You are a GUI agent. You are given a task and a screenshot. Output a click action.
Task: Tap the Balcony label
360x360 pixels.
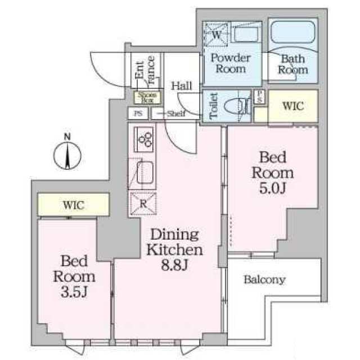point(264,280)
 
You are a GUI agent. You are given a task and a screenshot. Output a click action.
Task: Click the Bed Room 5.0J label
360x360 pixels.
point(272,173)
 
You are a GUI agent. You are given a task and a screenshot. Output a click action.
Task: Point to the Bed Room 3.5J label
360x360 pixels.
point(74,277)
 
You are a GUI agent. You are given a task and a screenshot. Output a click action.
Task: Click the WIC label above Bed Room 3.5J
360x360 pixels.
point(74,205)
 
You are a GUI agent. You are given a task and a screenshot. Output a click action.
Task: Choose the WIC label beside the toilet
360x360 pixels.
point(292,105)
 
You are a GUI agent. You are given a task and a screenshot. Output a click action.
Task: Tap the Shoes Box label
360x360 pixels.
point(146,97)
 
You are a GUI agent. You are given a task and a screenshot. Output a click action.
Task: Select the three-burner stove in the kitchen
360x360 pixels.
point(145,137)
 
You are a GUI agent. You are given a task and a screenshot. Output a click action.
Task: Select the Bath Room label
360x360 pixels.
point(294,64)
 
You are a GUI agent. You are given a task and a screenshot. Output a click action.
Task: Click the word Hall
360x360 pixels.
point(182,86)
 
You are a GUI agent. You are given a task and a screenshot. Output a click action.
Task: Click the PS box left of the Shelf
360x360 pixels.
point(138,112)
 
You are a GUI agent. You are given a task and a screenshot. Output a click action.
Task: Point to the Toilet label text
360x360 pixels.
point(213,105)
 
